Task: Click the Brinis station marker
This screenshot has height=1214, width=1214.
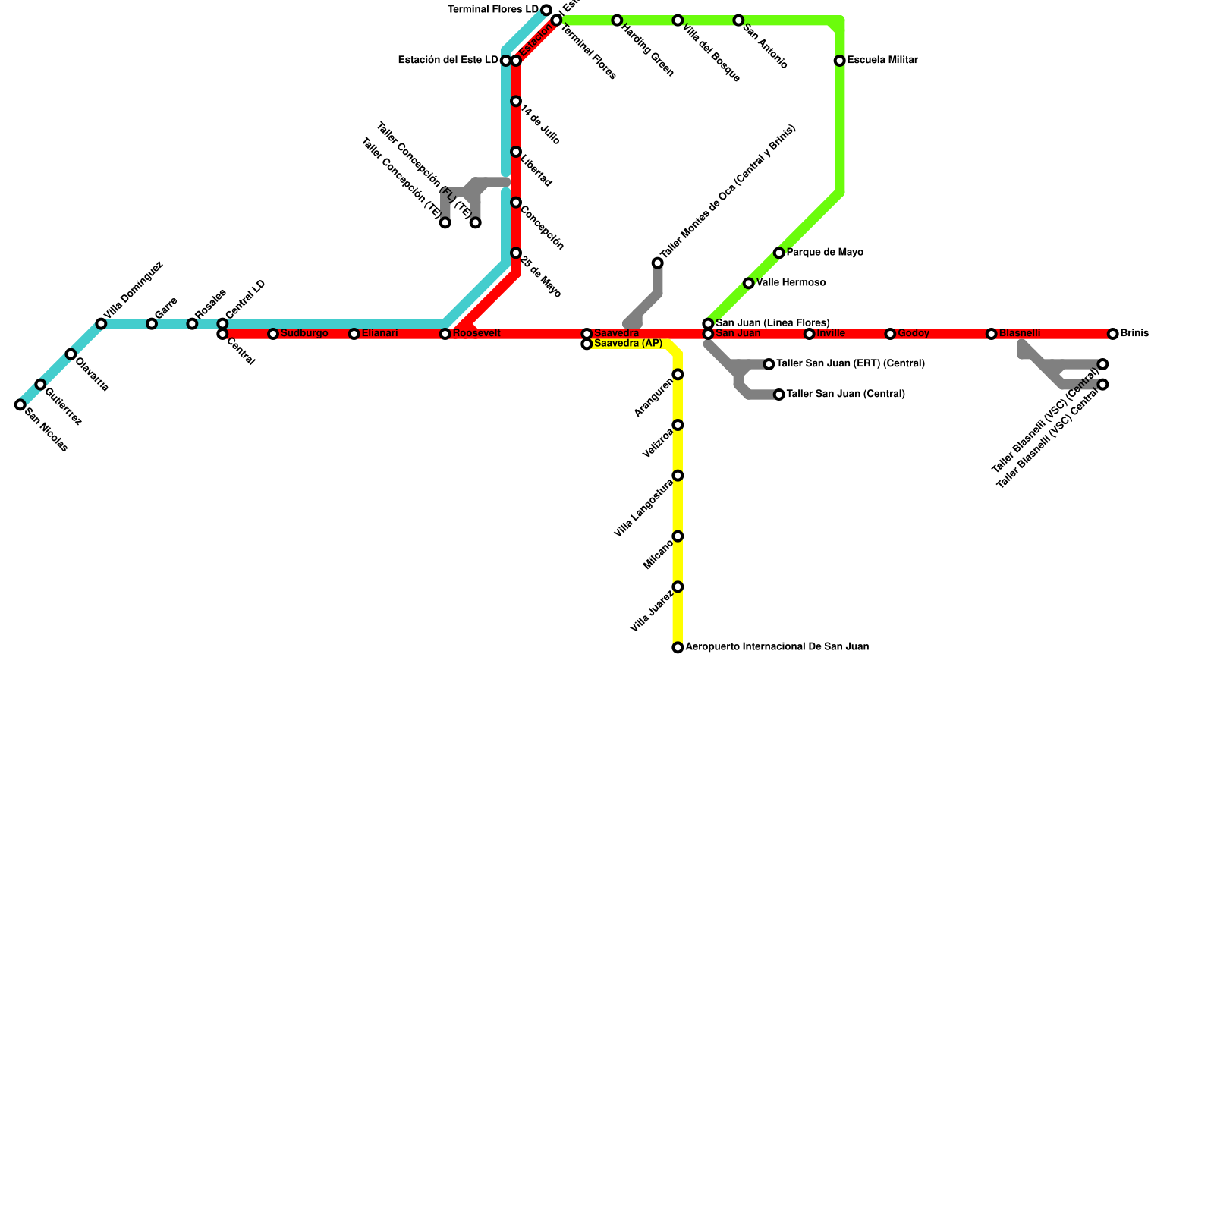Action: tap(1112, 334)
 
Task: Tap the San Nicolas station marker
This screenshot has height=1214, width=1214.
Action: tap(20, 405)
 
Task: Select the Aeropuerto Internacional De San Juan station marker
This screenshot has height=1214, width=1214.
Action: tap(678, 647)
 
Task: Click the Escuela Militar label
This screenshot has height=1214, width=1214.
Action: tap(882, 61)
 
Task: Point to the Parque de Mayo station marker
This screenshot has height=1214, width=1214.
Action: tap(779, 253)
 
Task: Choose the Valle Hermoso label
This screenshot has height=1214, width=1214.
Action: tap(791, 283)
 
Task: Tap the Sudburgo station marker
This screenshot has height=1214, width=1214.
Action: tap(273, 334)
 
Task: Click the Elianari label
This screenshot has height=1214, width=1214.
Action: tap(379, 334)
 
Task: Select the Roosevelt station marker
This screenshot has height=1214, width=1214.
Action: tap(445, 334)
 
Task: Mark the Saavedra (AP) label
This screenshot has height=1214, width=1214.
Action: tap(627, 344)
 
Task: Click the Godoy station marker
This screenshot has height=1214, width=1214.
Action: tap(890, 334)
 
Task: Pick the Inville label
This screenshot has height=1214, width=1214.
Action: tap(831, 334)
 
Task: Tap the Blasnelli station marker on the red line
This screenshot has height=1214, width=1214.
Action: tap(991, 334)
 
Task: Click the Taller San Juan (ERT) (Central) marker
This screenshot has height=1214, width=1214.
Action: tap(769, 364)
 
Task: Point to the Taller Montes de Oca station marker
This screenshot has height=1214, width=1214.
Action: tap(657, 263)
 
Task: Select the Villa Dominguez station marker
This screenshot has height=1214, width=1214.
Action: tap(101, 324)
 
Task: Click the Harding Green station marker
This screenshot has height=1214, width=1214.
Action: tap(617, 20)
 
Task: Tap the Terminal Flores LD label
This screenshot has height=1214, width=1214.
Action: tap(493, 10)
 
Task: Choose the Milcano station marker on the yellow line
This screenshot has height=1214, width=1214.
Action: tap(678, 536)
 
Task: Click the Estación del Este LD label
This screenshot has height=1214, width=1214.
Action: tap(448, 61)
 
